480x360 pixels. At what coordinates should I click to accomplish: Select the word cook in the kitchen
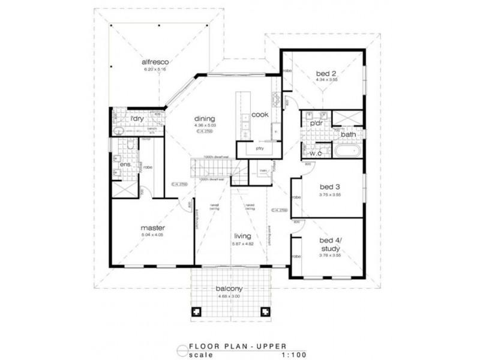tap(259, 114)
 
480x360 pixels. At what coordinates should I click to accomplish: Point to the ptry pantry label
tap(260, 148)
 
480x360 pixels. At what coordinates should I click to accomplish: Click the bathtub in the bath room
tap(347, 151)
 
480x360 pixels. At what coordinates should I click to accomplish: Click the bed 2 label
tap(325, 74)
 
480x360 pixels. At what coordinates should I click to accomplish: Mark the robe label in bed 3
tap(295, 197)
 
